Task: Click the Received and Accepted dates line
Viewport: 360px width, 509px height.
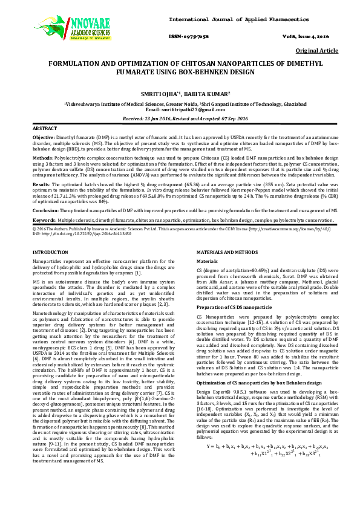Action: click(180, 118)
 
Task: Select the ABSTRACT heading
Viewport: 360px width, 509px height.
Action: click(44, 129)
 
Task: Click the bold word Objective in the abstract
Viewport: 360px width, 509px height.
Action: click(42, 138)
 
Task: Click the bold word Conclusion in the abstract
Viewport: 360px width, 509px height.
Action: click(45, 209)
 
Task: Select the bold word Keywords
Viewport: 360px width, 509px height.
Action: click(44, 220)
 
